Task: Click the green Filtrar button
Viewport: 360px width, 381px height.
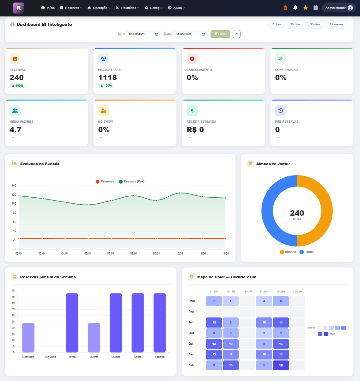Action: click(220, 34)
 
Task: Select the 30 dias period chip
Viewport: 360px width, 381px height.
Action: click(295, 24)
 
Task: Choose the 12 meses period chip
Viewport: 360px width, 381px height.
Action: click(336, 24)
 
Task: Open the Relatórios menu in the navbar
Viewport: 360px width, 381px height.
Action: click(127, 8)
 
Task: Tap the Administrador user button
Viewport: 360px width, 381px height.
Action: click(339, 8)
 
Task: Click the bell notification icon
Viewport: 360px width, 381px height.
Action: click(295, 8)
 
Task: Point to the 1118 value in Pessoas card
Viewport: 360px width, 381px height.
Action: click(107, 77)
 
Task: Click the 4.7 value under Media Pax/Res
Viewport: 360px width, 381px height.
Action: click(15, 130)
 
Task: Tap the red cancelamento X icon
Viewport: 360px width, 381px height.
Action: click(192, 59)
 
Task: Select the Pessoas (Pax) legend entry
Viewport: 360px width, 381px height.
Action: click(131, 181)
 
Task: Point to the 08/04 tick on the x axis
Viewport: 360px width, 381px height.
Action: click(134, 254)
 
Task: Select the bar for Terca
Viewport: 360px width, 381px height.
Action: click(72, 323)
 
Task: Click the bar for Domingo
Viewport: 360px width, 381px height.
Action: click(28, 337)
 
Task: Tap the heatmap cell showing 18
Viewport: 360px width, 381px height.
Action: click(281, 365)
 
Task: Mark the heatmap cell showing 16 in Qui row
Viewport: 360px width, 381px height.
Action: click(281, 344)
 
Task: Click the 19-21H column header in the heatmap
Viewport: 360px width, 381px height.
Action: click(281, 292)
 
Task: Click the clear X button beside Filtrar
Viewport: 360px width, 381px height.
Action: click(236, 34)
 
